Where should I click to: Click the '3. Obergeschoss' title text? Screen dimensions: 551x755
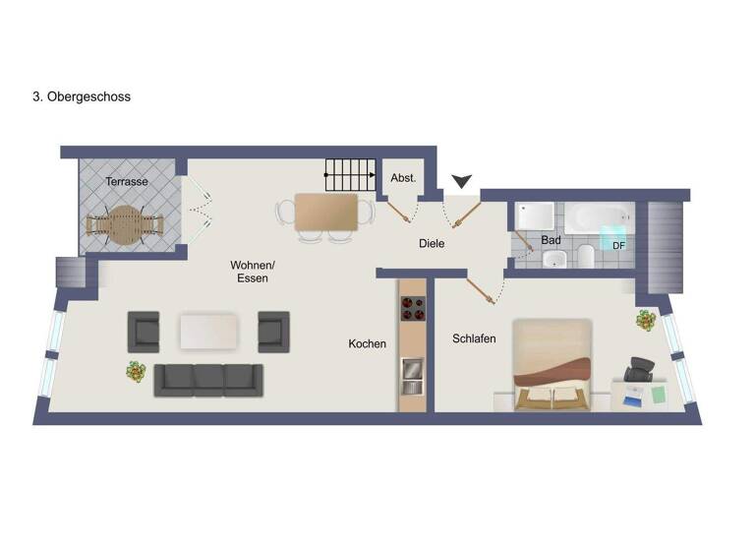(82, 97)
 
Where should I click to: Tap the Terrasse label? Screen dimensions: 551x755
(127, 181)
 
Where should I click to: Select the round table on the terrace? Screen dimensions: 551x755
(123, 223)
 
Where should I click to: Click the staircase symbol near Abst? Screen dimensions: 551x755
(351, 178)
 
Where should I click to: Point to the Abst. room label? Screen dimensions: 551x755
(403, 178)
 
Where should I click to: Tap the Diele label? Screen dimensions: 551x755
(432, 243)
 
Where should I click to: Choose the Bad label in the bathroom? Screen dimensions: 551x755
(551, 240)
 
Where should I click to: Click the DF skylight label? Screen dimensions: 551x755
(618, 245)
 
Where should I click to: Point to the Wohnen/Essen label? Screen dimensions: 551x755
(253, 272)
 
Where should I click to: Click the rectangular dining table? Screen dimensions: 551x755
(326, 212)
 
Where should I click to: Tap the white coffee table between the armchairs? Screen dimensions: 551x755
(207, 331)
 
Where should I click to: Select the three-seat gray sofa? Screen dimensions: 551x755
(208, 379)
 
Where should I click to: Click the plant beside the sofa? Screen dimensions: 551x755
(136, 372)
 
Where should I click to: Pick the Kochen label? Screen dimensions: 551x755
(367, 344)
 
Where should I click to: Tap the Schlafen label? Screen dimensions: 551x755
(474, 338)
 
